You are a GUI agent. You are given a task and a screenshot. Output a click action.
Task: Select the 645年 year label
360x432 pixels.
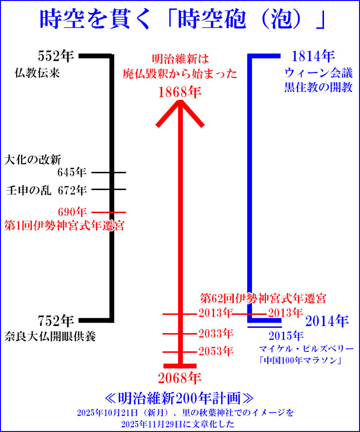72,172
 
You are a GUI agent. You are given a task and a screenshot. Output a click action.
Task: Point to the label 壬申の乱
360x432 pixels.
28,190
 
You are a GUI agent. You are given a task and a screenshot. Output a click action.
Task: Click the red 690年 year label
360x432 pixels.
72,212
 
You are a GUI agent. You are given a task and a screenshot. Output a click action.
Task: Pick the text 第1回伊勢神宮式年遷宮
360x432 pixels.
64,226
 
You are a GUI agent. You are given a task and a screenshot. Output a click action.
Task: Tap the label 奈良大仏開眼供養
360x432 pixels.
50,336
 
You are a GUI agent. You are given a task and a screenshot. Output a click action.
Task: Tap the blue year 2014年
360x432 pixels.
326,320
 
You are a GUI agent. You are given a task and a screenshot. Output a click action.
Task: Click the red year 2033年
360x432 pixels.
216,333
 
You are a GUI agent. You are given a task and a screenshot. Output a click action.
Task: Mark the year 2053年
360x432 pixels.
216,351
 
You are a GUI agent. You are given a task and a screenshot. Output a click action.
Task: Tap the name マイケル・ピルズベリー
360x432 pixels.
306,348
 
